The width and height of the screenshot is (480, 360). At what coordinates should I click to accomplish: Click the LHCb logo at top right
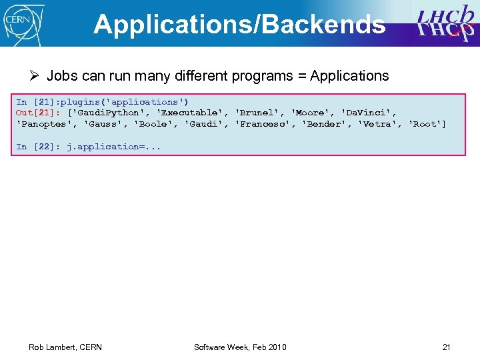pos(445,23)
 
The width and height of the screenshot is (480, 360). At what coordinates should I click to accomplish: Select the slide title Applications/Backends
pos(239,24)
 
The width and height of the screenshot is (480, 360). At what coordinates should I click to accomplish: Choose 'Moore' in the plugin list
pos(313,113)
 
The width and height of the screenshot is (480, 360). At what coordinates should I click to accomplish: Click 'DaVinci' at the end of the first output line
pos(369,113)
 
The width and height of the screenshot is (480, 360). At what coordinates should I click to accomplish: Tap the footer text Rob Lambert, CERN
pos(65,347)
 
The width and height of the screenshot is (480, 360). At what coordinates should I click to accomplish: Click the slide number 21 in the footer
pos(446,347)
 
